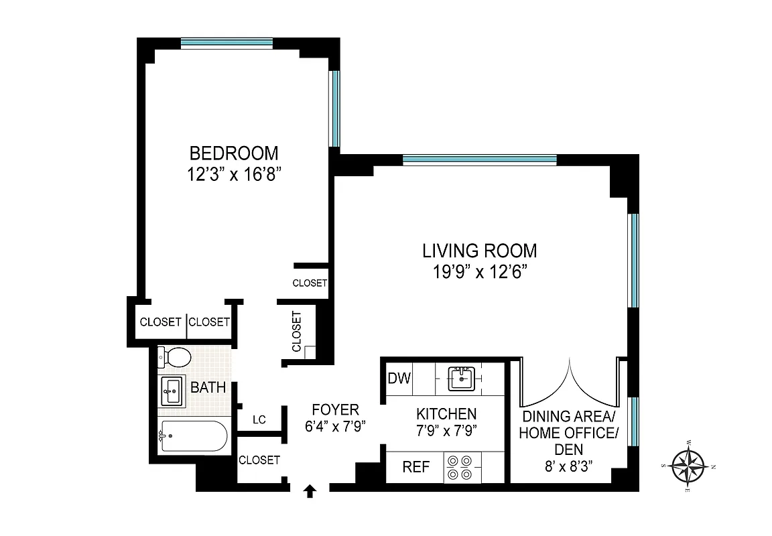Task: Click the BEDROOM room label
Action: tap(233, 153)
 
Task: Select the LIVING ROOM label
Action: tap(479, 251)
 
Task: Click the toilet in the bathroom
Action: tap(175, 357)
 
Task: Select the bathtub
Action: tap(193, 436)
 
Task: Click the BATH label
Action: tap(208, 387)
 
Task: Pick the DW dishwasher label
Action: tap(399, 379)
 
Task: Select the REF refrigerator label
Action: tap(415, 467)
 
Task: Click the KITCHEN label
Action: tap(446, 414)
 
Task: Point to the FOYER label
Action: tap(336, 409)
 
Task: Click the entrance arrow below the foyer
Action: tap(310, 492)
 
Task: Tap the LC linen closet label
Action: tap(259, 420)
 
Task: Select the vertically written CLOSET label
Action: tap(296, 332)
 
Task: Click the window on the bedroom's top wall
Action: tap(227, 43)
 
